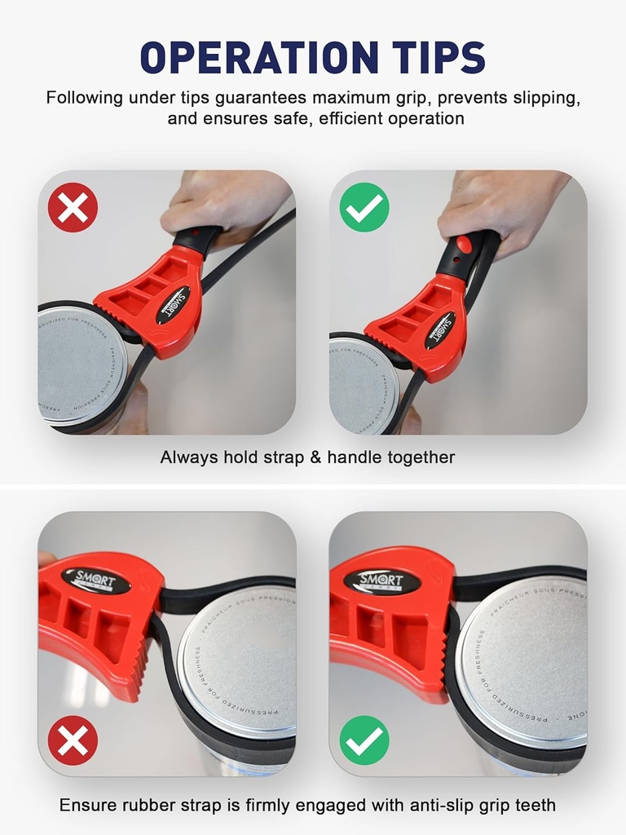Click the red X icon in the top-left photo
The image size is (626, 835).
click(73, 207)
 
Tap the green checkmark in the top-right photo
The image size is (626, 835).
click(364, 207)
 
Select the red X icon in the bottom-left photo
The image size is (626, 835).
click(73, 740)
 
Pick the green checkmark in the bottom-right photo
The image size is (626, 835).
click(364, 740)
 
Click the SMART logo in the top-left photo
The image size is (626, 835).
click(173, 304)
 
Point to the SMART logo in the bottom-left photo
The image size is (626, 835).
click(95, 581)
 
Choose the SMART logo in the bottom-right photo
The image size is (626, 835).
click(381, 581)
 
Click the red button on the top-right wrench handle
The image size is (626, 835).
click(464, 243)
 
